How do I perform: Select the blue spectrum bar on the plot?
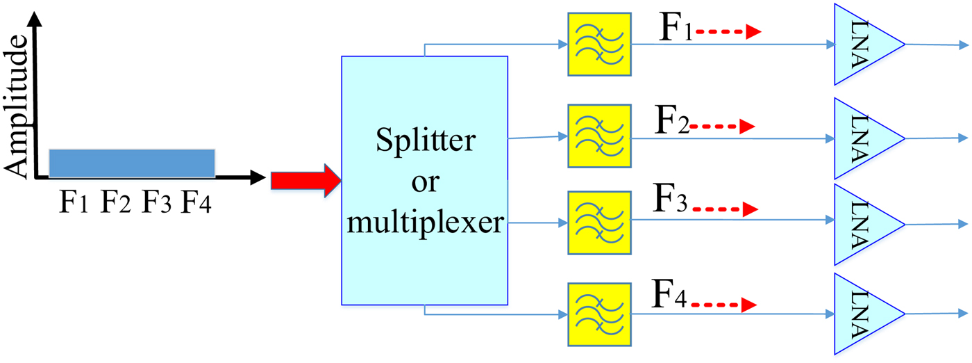coord(131,163)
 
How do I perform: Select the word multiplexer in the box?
coord(425,224)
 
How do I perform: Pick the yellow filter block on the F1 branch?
coord(599,44)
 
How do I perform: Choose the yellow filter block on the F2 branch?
coord(599,136)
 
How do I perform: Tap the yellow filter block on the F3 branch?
coord(599,223)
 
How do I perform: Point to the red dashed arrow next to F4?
coord(722,304)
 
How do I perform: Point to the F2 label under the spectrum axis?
coord(116,204)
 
